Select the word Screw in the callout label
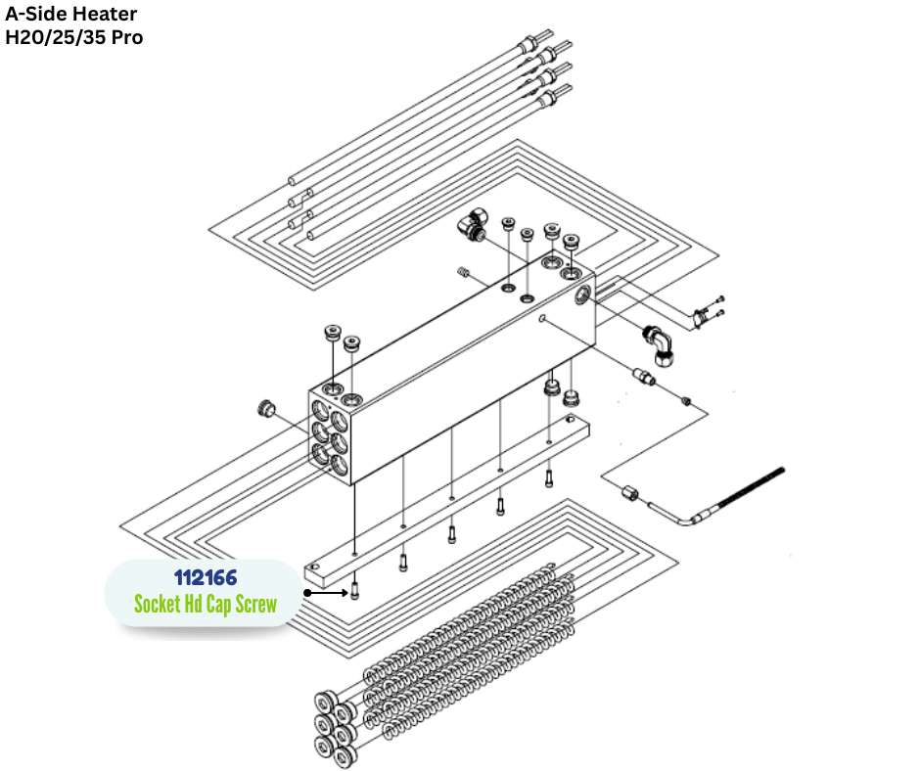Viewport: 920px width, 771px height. point(252,604)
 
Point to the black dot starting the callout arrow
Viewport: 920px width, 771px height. point(307,592)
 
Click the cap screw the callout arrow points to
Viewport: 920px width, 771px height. point(354,590)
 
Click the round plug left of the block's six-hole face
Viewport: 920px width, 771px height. point(263,406)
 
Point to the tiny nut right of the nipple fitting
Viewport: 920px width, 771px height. point(687,400)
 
